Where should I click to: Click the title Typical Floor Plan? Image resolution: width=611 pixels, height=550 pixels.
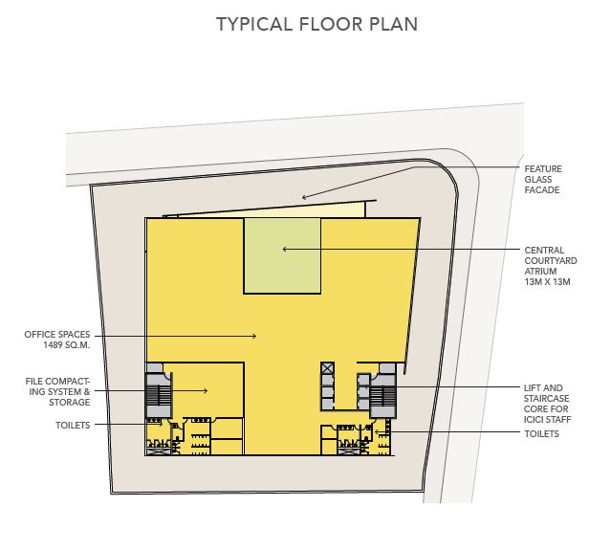(316, 24)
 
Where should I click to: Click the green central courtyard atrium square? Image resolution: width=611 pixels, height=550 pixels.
(282, 255)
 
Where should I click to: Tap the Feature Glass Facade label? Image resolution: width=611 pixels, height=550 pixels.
(543, 179)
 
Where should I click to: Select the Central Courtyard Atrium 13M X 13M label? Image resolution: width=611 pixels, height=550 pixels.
(550, 266)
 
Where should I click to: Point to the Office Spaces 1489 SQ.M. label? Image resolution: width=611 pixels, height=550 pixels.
(57, 340)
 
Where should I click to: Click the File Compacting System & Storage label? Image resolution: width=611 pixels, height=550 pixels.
(57, 392)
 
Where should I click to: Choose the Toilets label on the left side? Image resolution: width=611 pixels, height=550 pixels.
(73, 426)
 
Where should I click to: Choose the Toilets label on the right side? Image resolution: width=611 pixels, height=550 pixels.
(541, 434)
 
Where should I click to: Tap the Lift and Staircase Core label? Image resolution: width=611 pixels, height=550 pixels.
(547, 404)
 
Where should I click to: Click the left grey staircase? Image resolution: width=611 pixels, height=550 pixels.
(159, 395)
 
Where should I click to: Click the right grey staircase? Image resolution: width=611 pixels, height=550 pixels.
(382, 396)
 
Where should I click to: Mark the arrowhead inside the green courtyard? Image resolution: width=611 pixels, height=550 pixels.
(285, 249)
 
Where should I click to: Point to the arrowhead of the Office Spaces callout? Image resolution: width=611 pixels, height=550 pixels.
(254, 336)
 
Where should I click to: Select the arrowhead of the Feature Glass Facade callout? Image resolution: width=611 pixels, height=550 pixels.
(304, 197)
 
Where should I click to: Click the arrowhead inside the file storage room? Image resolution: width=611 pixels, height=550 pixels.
(206, 390)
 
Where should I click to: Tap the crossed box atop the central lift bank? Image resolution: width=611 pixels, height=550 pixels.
(328, 368)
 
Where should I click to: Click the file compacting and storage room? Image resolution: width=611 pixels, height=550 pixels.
(207, 390)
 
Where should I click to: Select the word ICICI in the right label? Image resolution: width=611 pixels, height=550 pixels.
(535, 420)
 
